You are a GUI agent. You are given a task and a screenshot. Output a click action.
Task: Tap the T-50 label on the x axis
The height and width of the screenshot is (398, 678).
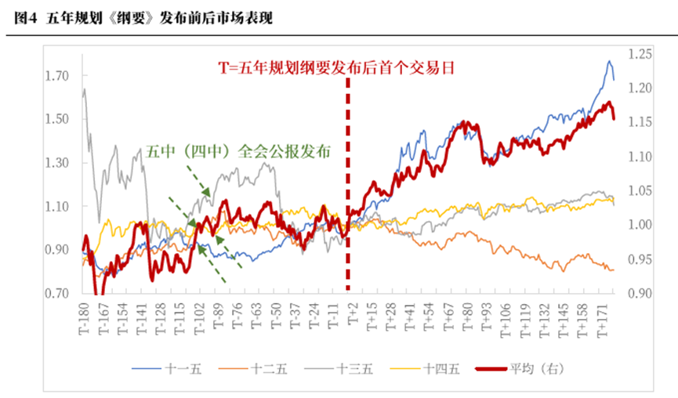coord(276,317)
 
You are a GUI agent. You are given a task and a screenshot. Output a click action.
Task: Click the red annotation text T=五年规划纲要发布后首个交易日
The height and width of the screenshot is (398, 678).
coord(337,68)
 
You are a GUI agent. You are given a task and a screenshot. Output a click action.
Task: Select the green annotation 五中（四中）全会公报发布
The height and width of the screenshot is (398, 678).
coord(238,152)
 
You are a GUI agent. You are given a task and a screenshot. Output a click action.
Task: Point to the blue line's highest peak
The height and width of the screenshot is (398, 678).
coord(609,61)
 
